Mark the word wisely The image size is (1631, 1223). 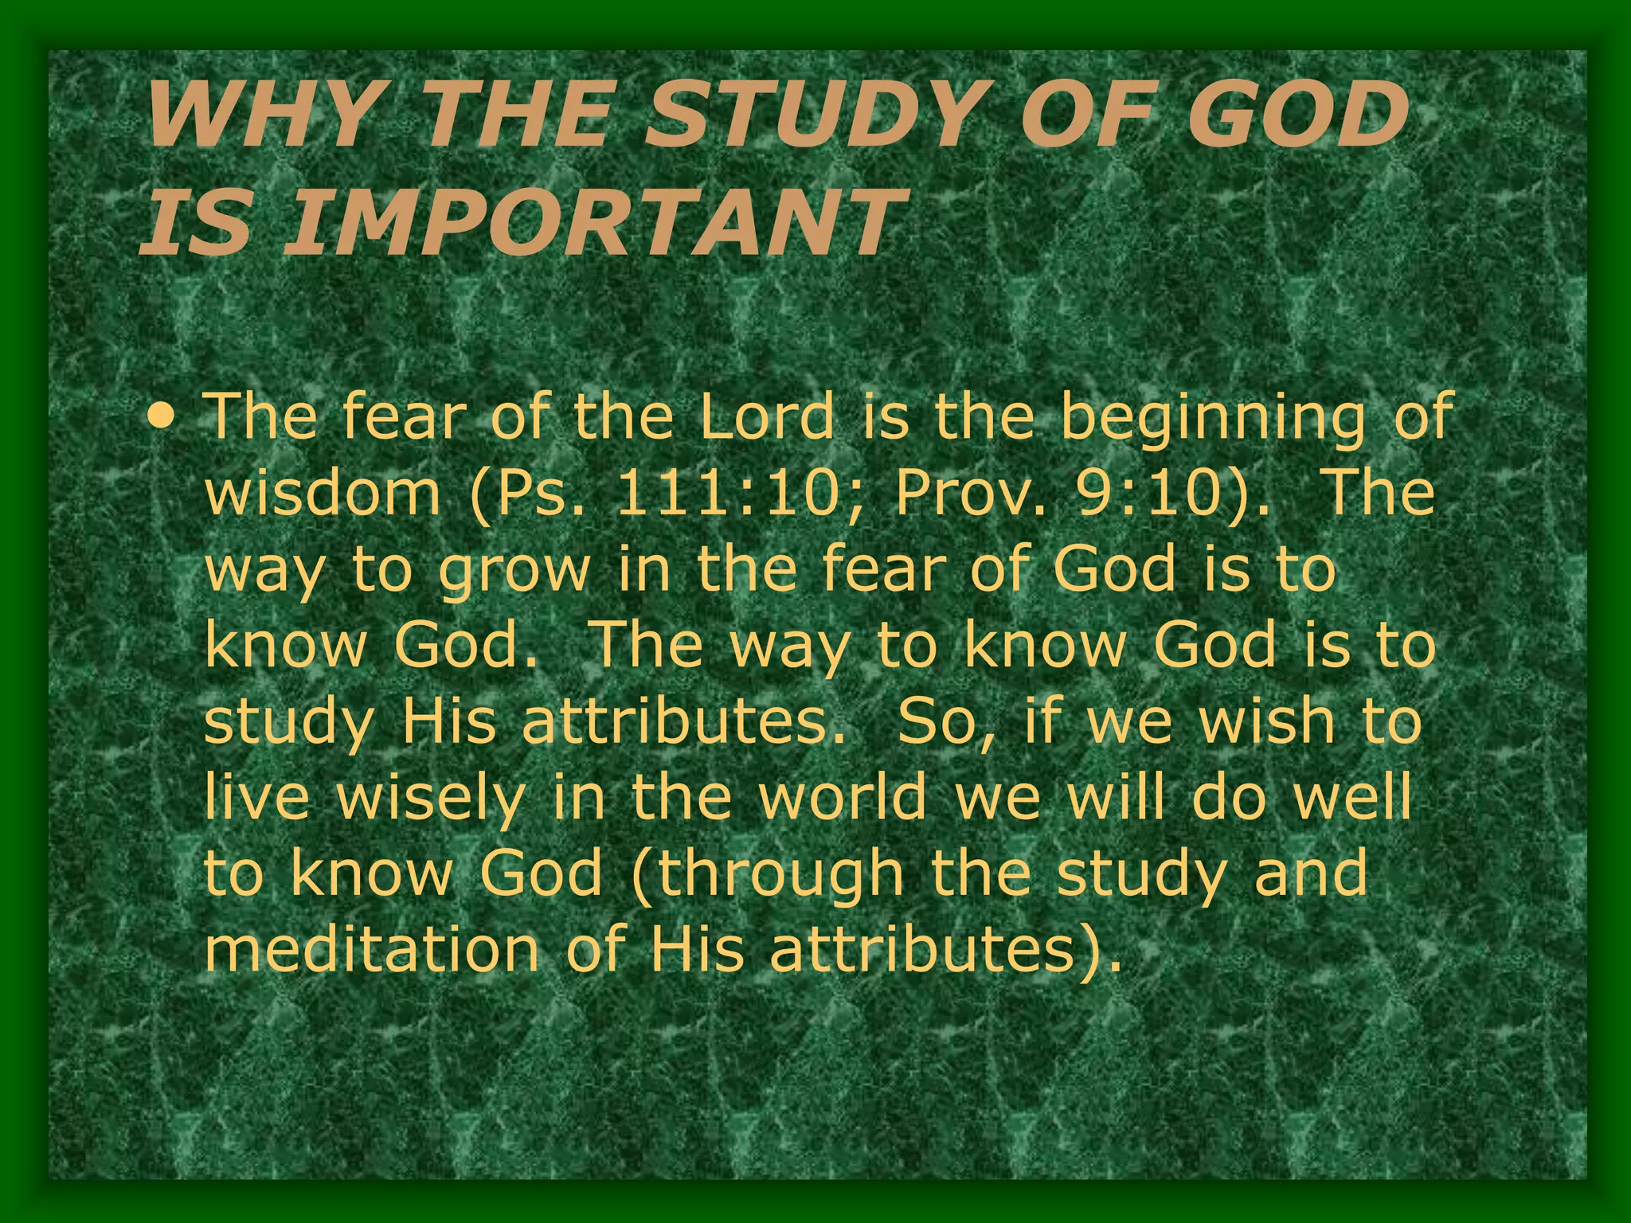point(431,798)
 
